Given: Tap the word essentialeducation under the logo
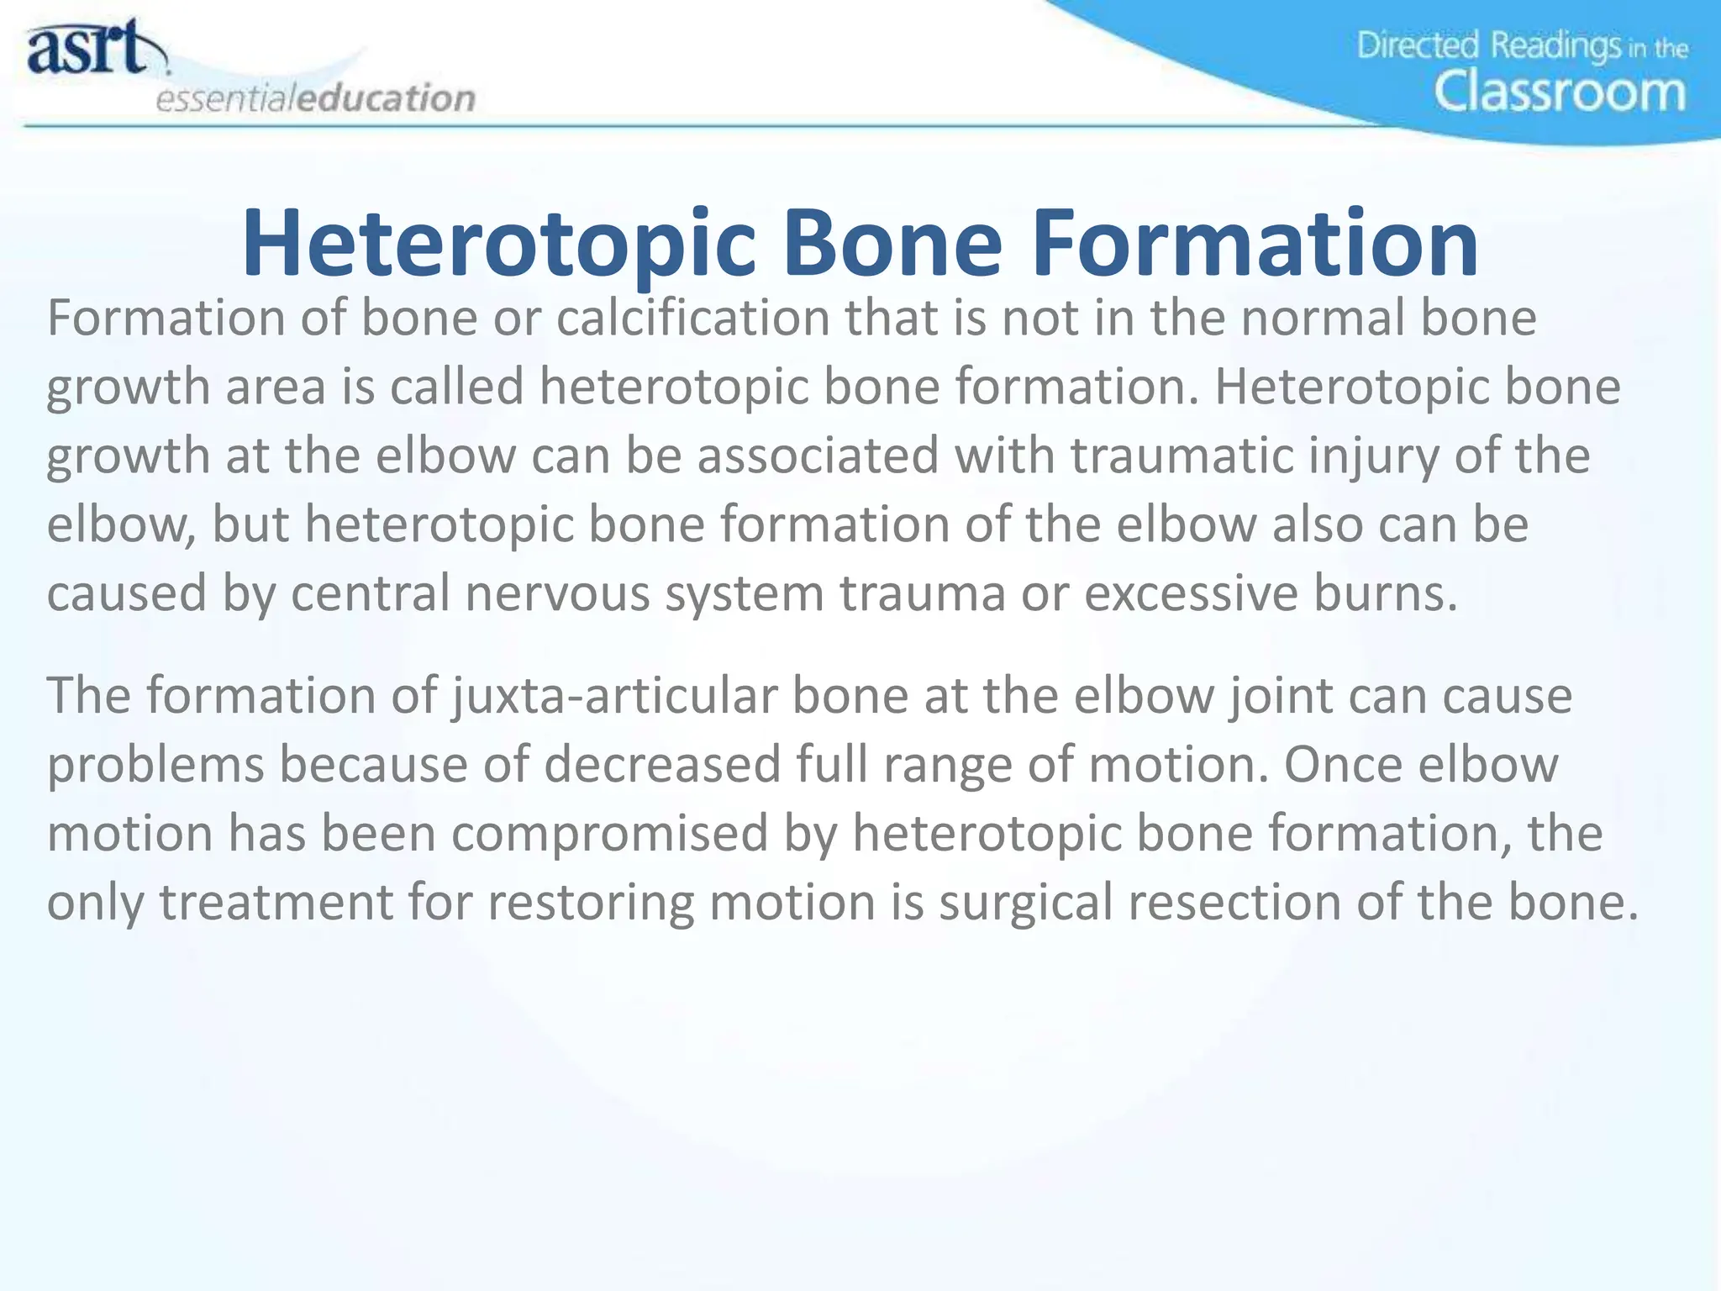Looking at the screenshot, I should [316, 98].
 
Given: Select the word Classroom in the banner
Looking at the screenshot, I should [1560, 92].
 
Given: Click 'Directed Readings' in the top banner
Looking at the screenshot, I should [1488, 45].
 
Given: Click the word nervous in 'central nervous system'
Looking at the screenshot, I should [557, 593].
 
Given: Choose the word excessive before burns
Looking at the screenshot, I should [1191, 593].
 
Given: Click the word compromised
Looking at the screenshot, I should [609, 835].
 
